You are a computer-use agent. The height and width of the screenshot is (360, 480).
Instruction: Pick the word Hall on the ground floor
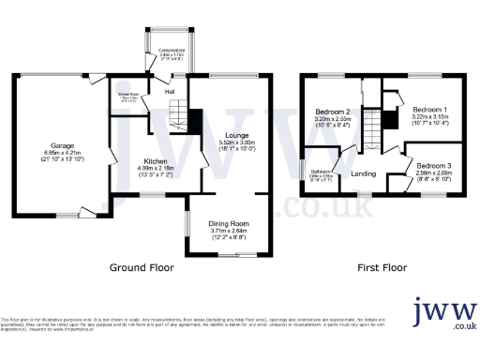[x=170, y=91]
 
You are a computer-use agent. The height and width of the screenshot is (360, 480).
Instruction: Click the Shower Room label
[x=127, y=95]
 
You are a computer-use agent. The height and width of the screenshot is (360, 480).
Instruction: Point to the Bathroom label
[x=322, y=170]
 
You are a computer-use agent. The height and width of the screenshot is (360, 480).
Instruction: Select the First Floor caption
[x=382, y=267]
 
